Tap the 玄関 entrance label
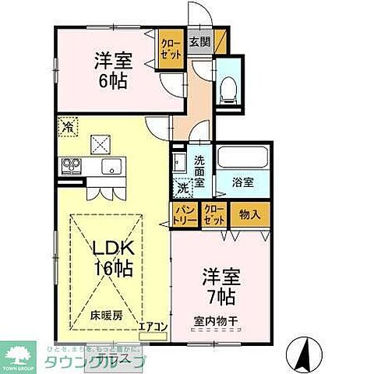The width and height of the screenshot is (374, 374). pyautogui.click(x=199, y=42)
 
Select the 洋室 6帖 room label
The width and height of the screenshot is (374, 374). pyautogui.click(x=111, y=69)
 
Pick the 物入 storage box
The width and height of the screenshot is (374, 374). pyautogui.click(x=249, y=213)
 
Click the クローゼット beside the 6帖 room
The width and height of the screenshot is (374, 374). pyautogui.click(x=168, y=50)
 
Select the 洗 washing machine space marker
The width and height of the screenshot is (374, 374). pyautogui.click(x=182, y=189)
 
